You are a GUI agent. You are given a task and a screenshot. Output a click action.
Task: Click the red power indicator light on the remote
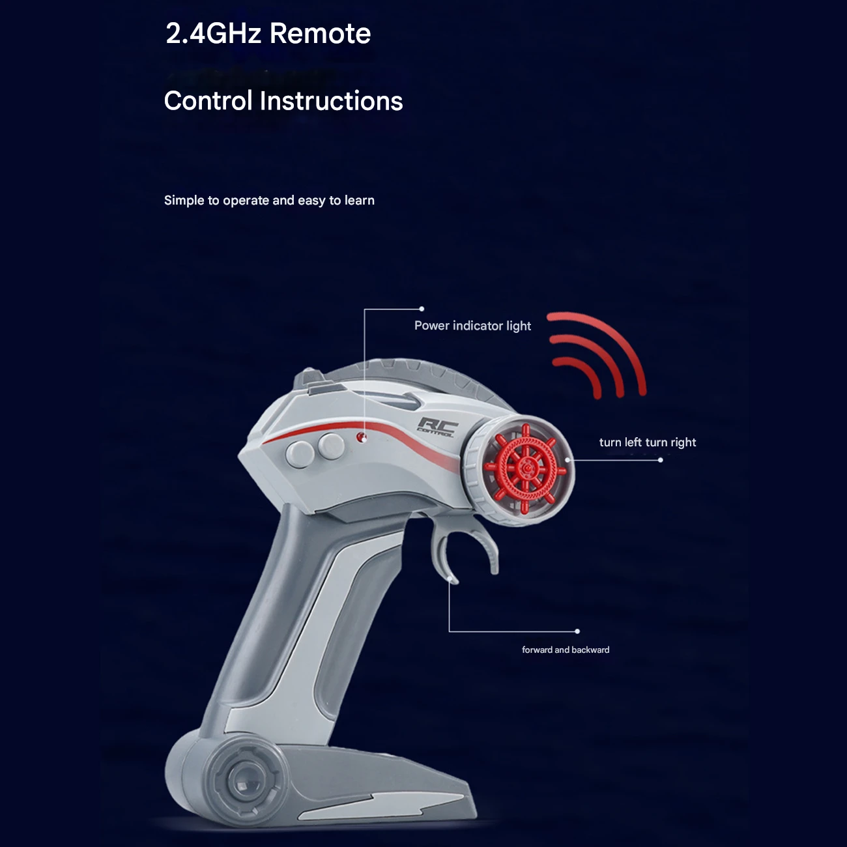coord(362,437)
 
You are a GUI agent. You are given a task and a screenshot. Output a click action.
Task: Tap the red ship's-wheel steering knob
coord(525,469)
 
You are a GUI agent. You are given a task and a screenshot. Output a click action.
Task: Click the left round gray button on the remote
coord(300,455)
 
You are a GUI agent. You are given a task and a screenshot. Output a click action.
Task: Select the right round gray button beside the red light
coord(332,446)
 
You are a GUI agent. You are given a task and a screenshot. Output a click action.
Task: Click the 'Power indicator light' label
coord(472,326)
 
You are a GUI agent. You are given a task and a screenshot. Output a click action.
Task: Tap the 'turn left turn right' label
coord(648,442)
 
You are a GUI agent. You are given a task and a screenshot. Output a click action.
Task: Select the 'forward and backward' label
coord(566,650)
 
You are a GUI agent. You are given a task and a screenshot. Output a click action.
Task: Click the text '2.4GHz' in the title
coord(214,33)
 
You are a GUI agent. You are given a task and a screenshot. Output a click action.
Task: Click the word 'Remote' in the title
coord(321,33)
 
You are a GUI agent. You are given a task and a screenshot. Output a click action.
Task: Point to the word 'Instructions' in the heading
coord(331,100)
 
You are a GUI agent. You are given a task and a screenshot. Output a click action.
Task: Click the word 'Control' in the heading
coord(208,100)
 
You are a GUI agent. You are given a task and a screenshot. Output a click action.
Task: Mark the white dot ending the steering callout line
coord(660,460)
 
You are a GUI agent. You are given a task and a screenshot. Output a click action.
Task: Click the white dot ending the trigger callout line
coord(577,631)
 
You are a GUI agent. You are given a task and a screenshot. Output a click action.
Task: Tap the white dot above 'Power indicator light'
coord(422,309)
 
